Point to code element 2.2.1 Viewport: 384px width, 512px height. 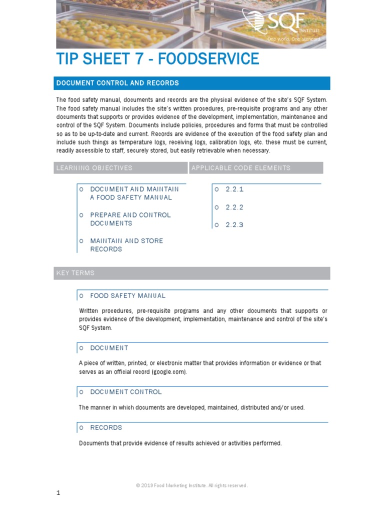pos(234,189)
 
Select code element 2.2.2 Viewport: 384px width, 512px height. pos(234,207)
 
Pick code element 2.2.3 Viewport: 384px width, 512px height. pos(234,225)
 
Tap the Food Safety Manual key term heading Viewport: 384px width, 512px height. pos(127,296)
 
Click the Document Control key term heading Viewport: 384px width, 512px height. pos(125,392)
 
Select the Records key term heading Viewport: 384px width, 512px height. pos(106,428)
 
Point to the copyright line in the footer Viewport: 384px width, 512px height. pos(192,485)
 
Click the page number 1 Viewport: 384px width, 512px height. pos(58,493)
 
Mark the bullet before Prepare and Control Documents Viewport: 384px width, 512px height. pos(81,215)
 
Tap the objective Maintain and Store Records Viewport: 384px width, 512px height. pos(126,245)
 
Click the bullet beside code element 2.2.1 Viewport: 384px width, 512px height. pos(217,189)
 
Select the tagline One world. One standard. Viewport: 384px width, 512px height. pos(294,38)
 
